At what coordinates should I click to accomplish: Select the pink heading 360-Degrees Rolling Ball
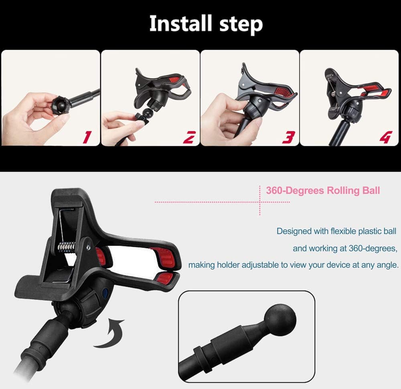click(x=323, y=190)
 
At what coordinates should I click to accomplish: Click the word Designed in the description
click(x=294, y=231)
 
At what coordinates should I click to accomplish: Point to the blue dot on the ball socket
click(x=105, y=293)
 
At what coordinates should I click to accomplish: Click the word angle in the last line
click(x=387, y=265)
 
